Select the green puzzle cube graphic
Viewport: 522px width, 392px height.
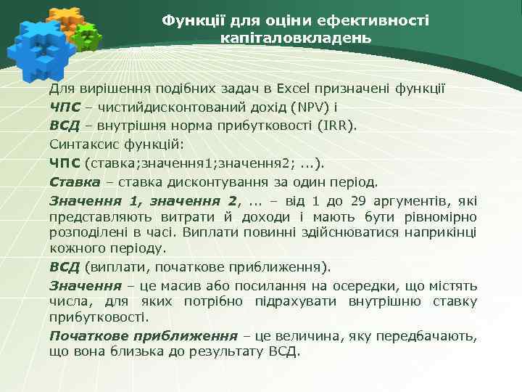[x=88, y=38]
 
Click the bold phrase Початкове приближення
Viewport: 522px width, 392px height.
[x=144, y=336]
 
